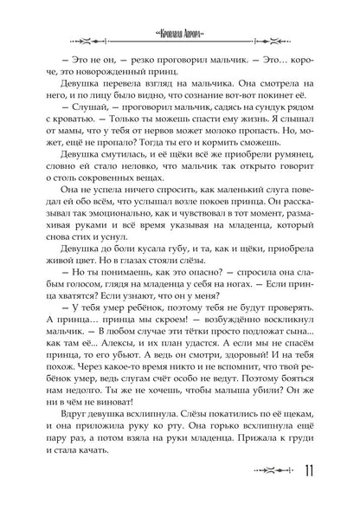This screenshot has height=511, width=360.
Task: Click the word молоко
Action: tap(211, 145)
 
